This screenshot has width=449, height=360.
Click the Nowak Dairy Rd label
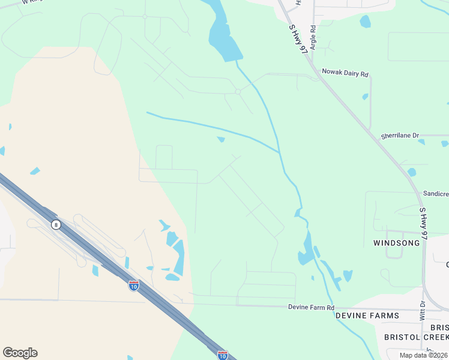tap(345, 72)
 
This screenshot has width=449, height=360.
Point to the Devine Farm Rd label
tap(311, 307)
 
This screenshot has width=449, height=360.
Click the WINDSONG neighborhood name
tap(396, 243)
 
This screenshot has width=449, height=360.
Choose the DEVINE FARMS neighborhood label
tap(367, 316)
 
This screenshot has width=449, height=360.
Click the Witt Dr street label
tap(422, 310)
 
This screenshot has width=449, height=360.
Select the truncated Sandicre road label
tap(435, 194)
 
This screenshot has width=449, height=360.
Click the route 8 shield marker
tap(55, 224)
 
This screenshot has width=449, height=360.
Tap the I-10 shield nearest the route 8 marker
tap(133, 285)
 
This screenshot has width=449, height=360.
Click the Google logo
tap(20, 353)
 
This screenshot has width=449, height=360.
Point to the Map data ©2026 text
tap(423, 355)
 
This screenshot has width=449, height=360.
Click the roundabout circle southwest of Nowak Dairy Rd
tap(238, 92)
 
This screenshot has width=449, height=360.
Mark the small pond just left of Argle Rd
tap(365, 22)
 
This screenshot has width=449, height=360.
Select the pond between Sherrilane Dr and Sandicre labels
tap(411, 172)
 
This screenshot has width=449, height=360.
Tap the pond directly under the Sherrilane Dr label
tap(421, 142)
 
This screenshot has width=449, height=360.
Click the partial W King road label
tap(25, 2)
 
